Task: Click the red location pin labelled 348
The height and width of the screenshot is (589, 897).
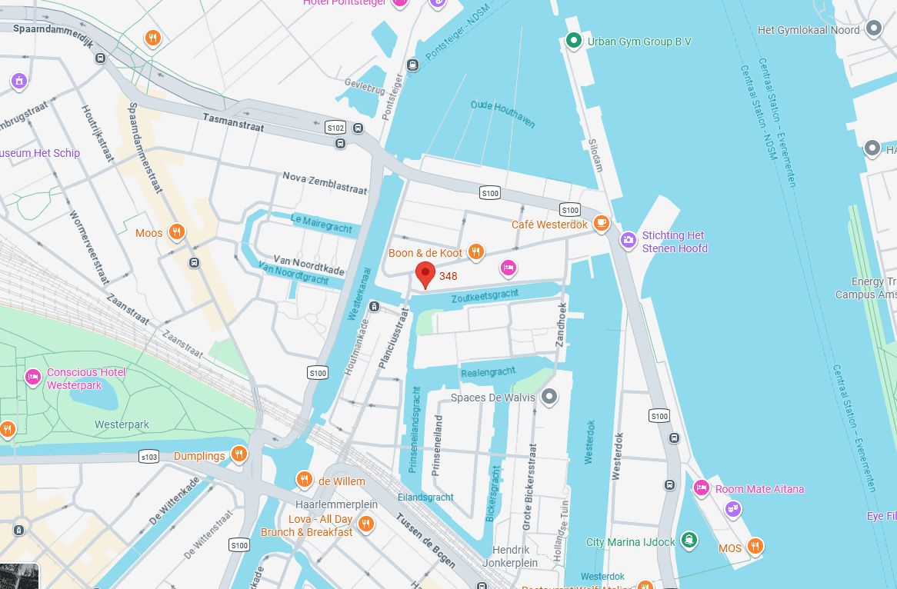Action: [424, 274]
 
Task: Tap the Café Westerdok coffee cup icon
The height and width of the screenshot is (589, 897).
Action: [601, 225]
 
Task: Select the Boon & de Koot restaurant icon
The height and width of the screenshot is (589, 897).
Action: [476, 252]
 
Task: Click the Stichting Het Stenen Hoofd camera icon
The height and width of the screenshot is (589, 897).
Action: [629, 241]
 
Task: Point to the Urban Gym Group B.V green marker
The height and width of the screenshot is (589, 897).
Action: [573, 41]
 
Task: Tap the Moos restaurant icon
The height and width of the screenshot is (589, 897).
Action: [177, 232]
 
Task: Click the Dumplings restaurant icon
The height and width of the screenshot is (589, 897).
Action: [239, 455]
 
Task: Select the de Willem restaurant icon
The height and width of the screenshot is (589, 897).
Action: [305, 481]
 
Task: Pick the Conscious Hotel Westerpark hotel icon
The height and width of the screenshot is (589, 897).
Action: [32, 377]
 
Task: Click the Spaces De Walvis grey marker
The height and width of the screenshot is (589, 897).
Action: [549, 397]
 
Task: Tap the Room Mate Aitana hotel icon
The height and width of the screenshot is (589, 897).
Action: [701, 488]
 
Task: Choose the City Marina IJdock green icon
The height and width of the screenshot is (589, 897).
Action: [690, 541]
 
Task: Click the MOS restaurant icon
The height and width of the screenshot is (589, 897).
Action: [755, 547]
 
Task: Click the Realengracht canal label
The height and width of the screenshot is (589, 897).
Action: [488, 372]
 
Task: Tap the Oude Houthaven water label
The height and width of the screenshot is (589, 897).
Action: [502, 114]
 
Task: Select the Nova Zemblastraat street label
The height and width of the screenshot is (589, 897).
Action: [325, 182]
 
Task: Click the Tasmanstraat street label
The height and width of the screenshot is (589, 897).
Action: [233, 122]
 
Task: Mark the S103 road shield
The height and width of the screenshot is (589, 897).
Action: [148, 457]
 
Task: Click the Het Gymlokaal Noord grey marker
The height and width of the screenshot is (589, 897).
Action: [873, 30]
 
